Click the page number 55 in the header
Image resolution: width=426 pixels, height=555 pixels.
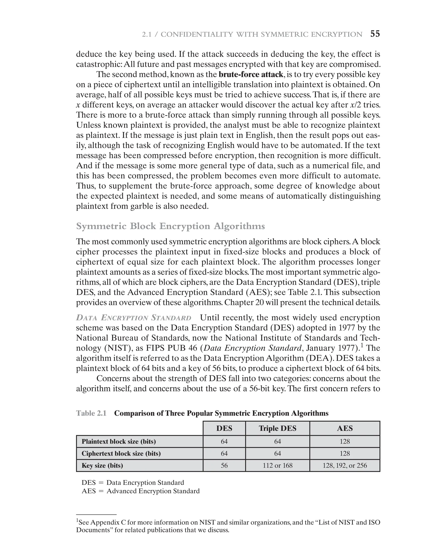click(375, 34)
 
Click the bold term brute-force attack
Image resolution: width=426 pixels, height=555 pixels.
click(251, 74)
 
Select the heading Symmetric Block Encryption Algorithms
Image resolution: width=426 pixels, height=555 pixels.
click(170, 226)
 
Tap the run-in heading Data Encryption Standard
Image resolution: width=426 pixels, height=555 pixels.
click(134, 318)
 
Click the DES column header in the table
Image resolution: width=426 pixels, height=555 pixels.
click(224, 428)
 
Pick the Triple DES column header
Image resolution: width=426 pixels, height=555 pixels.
click(277, 428)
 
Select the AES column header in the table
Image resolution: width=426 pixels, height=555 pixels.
click(345, 428)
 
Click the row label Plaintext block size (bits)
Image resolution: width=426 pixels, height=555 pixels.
click(119, 442)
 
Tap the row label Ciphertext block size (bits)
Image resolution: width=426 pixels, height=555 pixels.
click(121, 453)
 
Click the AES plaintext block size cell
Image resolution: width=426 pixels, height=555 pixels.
click(345, 442)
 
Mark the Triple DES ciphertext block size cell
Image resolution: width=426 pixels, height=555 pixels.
click(277, 453)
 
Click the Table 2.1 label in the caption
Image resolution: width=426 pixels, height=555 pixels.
click(91, 413)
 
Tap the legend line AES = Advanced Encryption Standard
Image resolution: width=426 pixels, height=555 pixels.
click(140, 491)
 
